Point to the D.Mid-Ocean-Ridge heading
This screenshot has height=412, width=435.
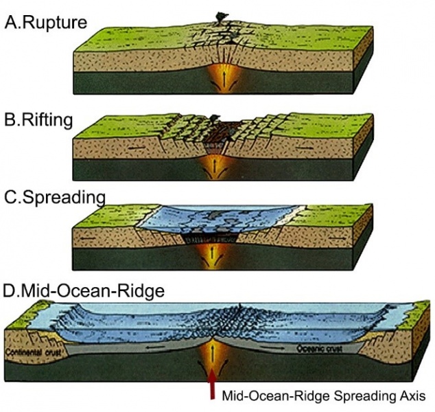pyautogui.click(x=83, y=290)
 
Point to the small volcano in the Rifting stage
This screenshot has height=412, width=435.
pyautogui.click(x=216, y=118)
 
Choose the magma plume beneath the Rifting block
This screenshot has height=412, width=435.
pyautogui.click(x=218, y=165)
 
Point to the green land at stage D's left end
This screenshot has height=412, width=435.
pyautogui.click(x=21, y=315)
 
